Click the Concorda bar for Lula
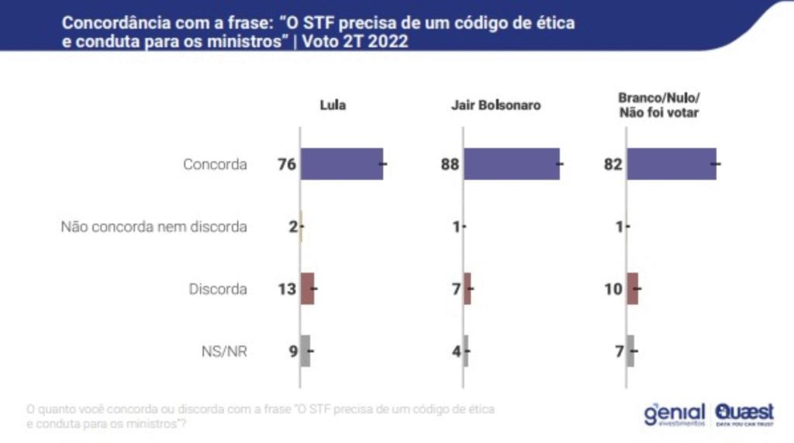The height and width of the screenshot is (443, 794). (342, 163)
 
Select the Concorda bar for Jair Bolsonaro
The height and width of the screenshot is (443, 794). (512, 163)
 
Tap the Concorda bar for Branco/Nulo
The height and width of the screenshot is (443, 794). (671, 163)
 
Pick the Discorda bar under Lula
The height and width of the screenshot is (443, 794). (308, 289)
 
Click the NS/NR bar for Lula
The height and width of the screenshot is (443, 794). (306, 351)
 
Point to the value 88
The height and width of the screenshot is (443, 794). (449, 164)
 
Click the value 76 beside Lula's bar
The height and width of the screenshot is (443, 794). (287, 164)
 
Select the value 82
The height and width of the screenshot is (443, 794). (613, 164)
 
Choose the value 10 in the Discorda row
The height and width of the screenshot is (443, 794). (614, 290)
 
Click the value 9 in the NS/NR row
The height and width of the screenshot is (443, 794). (292, 352)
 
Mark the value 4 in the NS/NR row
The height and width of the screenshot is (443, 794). (456, 352)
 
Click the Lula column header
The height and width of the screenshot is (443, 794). (333, 105)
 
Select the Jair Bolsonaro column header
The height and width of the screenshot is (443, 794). (495, 105)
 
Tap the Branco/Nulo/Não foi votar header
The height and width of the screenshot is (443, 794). (658, 105)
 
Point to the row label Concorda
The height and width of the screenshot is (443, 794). (215, 164)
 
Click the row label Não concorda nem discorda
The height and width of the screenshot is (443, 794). (154, 227)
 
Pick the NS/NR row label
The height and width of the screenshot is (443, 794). (229, 352)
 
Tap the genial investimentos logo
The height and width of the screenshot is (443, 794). (674, 414)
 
